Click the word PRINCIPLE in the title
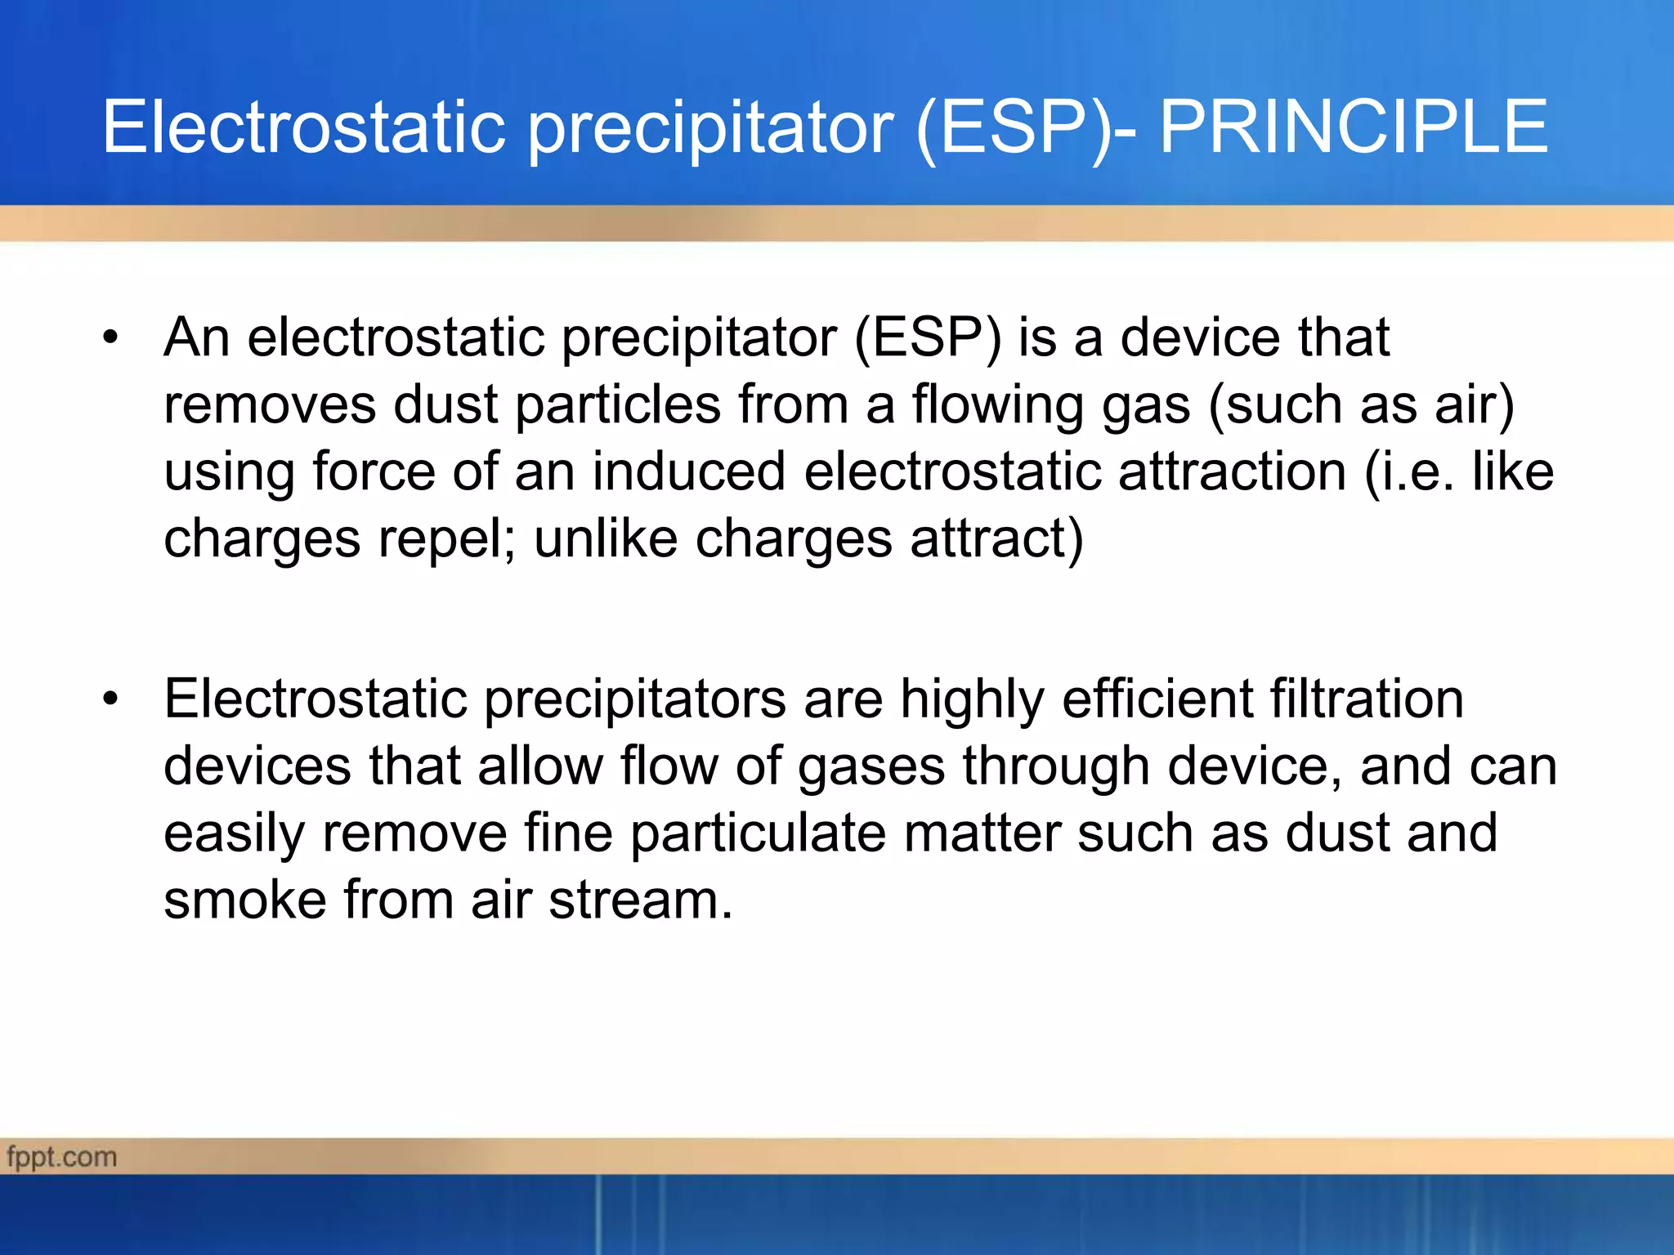click(x=1353, y=127)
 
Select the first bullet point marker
click(x=110, y=337)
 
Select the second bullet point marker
click(x=110, y=699)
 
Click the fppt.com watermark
click(x=62, y=1157)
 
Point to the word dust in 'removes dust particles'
click(x=445, y=404)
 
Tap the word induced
click(x=688, y=471)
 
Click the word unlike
click(x=606, y=538)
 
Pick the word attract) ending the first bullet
click(x=996, y=538)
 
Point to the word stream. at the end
click(x=640, y=900)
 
